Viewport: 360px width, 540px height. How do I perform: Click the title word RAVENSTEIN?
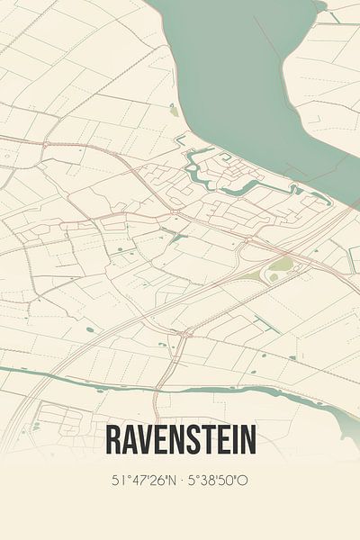[180, 440]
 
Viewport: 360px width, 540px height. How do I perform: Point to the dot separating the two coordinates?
[181, 480]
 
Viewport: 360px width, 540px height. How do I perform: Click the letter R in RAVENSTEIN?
[112, 440]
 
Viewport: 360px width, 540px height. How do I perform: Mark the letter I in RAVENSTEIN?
[232, 440]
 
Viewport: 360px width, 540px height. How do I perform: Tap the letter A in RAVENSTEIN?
[129, 440]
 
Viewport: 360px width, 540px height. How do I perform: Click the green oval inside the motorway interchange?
[283, 264]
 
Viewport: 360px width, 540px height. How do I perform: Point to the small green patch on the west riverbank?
[173, 111]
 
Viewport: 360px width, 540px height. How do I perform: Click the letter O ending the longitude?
[243, 480]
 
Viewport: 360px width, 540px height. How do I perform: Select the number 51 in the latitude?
[115, 480]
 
